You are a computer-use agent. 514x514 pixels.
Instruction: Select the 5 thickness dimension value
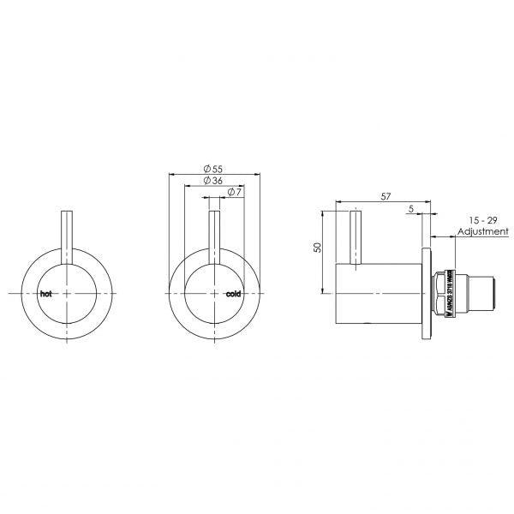click(412, 208)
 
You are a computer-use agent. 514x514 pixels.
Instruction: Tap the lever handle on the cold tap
click(216, 236)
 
